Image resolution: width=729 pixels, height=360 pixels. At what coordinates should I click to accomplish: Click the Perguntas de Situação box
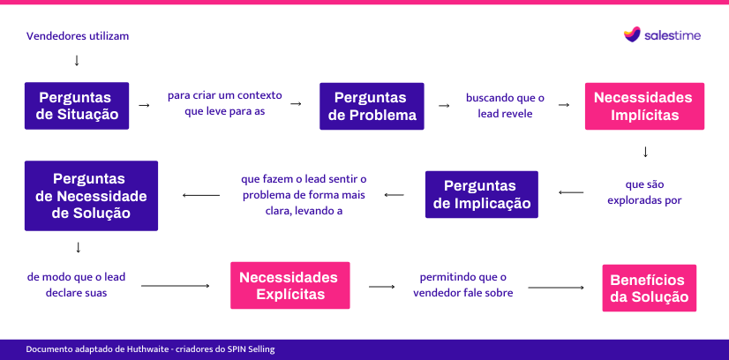(77, 106)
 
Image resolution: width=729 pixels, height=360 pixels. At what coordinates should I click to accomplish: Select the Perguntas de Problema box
(372, 107)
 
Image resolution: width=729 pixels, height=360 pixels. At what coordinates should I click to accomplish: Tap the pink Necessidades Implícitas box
(644, 107)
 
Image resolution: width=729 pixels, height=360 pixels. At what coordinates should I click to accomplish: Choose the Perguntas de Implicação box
(482, 195)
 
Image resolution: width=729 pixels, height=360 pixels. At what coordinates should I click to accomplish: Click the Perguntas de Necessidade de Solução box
(91, 196)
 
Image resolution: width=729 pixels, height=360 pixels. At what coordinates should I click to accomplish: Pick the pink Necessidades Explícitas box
(290, 286)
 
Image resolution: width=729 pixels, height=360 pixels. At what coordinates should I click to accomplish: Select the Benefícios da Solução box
(650, 288)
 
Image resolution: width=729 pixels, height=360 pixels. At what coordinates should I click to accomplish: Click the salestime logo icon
(632, 34)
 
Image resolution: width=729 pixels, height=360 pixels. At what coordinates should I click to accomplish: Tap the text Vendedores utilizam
(78, 36)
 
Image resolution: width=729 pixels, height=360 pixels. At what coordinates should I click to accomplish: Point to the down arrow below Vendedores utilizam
(77, 60)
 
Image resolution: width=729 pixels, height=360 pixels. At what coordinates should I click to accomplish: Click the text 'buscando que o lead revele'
(505, 106)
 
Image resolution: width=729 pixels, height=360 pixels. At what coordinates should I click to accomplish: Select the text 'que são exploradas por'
(644, 192)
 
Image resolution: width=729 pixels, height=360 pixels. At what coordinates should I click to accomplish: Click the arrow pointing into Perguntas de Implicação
(571, 192)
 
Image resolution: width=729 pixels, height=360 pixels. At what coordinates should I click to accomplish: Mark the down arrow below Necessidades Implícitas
(645, 152)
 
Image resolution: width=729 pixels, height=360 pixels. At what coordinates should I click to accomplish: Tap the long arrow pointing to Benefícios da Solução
(556, 288)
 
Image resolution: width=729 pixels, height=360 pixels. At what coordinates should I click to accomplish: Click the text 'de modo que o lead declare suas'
(76, 285)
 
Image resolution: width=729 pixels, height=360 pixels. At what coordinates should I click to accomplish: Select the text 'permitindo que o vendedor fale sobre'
(463, 285)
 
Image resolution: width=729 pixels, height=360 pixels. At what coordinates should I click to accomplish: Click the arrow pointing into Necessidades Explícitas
(176, 286)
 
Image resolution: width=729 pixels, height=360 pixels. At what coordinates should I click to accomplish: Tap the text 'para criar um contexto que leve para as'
(225, 103)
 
